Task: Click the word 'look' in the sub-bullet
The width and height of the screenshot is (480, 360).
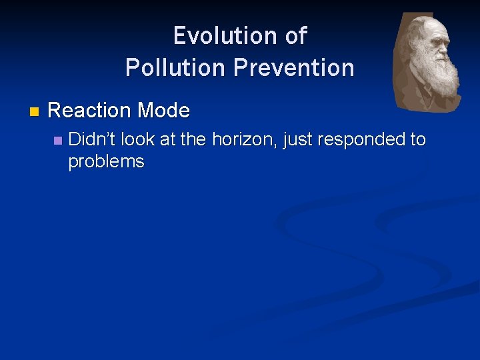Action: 137,139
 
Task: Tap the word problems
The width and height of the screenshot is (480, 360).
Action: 106,161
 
